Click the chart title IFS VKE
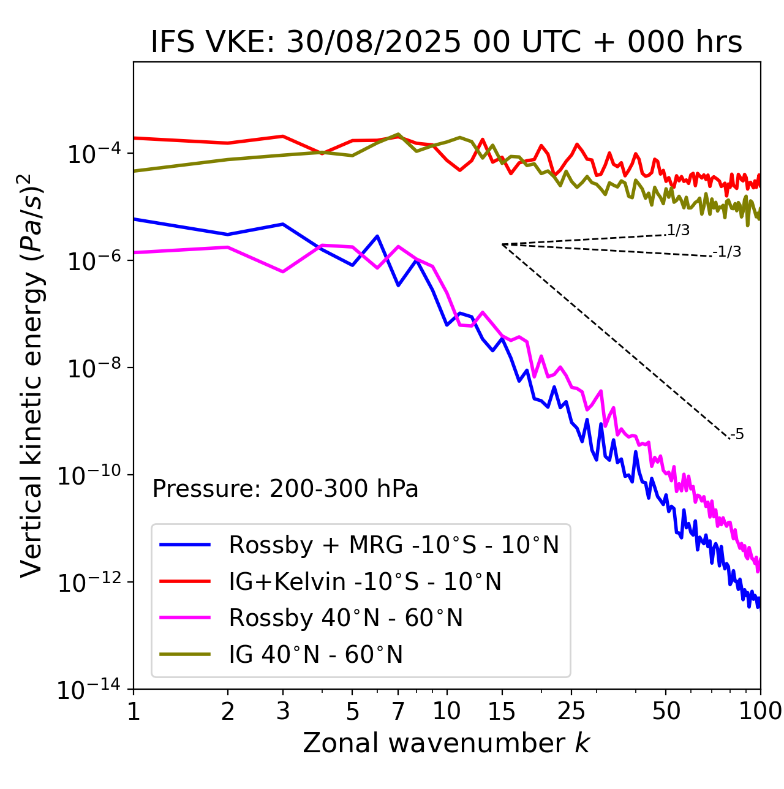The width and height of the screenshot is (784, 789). [447, 42]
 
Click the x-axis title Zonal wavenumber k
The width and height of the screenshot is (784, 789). [447, 742]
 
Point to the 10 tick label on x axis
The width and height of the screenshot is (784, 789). [447, 711]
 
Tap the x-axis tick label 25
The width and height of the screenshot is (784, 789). [571, 711]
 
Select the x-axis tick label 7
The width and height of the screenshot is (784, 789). [398, 711]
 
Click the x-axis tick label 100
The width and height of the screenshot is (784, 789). [760, 711]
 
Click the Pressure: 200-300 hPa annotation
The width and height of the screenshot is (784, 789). [285, 489]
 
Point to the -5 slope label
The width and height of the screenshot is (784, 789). [737, 435]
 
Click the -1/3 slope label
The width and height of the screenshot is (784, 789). [728, 252]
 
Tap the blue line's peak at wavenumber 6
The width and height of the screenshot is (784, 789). [377, 236]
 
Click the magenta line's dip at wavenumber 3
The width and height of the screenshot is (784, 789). [282, 271]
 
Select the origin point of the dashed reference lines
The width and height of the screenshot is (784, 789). [502, 244]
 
